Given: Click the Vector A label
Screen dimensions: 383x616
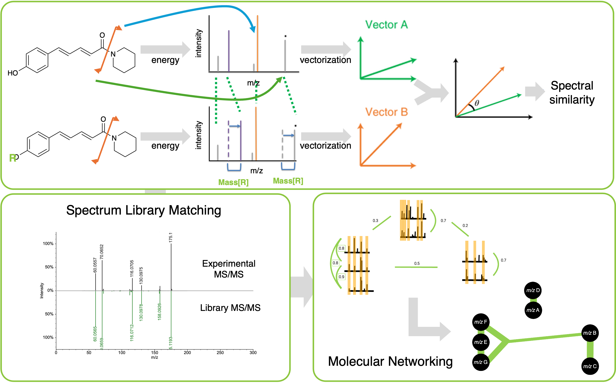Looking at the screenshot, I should [x=386, y=25].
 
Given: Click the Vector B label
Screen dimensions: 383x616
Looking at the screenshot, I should [x=386, y=112].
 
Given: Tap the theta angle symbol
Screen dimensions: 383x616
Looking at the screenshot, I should [x=477, y=103].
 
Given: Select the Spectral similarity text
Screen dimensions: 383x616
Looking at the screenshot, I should [x=572, y=93].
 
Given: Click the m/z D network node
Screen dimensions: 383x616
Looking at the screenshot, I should [x=533, y=290].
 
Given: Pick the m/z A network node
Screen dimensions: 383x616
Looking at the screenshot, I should [x=533, y=310].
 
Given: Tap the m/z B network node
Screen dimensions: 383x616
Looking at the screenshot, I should [x=590, y=333].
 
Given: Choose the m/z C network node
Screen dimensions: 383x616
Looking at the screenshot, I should [x=590, y=366].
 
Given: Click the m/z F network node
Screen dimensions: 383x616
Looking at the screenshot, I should [x=481, y=322].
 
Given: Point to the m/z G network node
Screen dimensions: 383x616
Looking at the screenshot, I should [x=481, y=362].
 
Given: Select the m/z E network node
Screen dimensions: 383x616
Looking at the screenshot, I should [x=481, y=342].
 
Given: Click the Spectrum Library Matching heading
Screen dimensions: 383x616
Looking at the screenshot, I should [x=144, y=210].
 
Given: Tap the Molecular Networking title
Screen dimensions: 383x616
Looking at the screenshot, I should [x=390, y=361].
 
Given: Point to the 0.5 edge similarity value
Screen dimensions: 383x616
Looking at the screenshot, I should [x=417, y=263].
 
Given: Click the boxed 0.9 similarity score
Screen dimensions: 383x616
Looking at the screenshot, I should [x=341, y=277].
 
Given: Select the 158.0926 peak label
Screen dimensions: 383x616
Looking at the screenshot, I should [x=159, y=312].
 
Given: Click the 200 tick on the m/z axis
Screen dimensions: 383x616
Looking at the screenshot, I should [x=187, y=353].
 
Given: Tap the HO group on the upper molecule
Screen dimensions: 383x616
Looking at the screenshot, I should [x=13, y=73].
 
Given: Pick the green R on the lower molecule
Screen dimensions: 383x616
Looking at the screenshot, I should [x=12, y=158].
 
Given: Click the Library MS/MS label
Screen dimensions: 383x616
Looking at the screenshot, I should [x=230, y=308].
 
